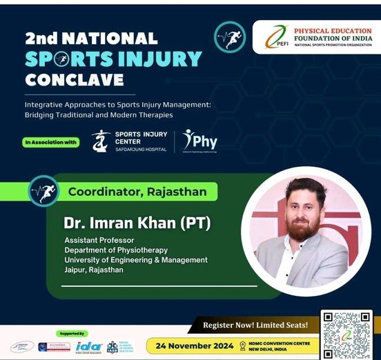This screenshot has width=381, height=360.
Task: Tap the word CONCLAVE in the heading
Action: (74, 79)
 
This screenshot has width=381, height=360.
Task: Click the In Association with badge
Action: (50, 143)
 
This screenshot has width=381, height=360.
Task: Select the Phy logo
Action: (200, 141)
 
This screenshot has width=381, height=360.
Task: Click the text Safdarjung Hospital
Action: (140, 150)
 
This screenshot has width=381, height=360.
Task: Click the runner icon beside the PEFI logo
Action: (230, 37)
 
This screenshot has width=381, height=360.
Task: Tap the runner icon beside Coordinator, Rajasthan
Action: (43, 191)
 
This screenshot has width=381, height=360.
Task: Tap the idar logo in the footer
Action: (89, 346)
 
